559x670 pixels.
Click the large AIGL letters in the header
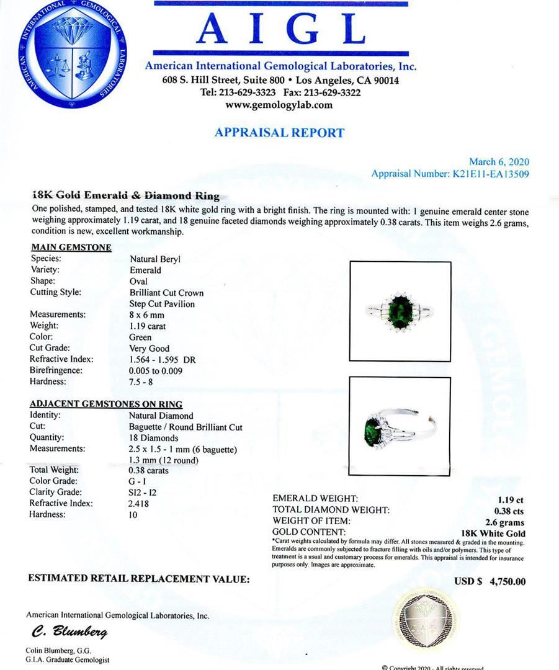pyautogui.click(x=280, y=29)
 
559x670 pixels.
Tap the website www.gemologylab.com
pyautogui.click(x=279, y=105)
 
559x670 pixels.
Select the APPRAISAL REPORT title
pyautogui.click(x=279, y=132)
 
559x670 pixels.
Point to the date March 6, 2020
pyautogui.click(x=499, y=162)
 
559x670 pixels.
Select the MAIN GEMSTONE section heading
pyautogui.click(x=71, y=248)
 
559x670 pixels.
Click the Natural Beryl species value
pyautogui.click(x=154, y=259)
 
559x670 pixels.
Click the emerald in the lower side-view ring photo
pyautogui.click(x=370, y=429)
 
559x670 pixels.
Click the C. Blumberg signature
pyautogui.click(x=69, y=632)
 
